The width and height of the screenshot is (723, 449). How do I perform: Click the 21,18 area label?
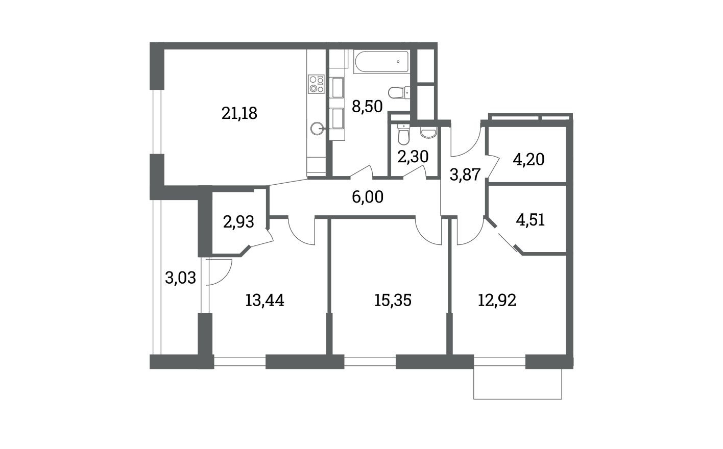point(239,113)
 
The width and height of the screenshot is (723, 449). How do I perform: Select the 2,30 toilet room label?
point(412,156)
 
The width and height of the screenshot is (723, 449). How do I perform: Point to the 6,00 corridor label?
point(368,196)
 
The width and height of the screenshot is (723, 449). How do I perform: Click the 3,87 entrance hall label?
point(465,175)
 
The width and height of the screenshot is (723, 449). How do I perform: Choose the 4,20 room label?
point(528,160)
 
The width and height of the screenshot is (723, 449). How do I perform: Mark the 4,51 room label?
point(530,220)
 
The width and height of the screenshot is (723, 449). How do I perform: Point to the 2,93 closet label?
point(238,222)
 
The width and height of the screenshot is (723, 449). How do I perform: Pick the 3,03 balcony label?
point(180,279)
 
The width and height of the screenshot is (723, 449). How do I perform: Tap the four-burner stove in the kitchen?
point(317,84)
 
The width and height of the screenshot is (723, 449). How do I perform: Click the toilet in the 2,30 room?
point(403,135)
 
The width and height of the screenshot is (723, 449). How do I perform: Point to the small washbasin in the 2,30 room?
point(428,133)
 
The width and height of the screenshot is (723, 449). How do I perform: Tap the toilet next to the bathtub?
point(398,92)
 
